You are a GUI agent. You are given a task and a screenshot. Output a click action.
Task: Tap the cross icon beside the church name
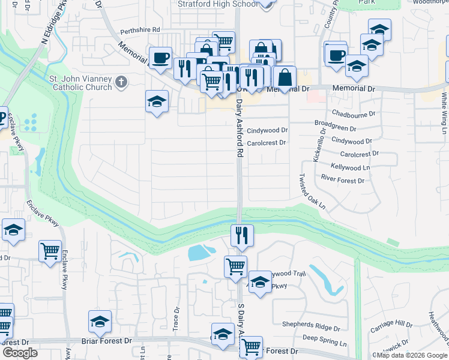[x=121, y=82]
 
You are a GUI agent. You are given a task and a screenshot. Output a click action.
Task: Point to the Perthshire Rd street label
[x=140, y=29]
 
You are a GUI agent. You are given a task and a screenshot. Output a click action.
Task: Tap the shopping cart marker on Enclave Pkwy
[x=50, y=250]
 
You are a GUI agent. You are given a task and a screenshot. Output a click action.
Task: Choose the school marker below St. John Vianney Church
[x=157, y=102]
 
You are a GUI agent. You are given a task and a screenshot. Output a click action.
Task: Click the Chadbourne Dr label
[x=353, y=113]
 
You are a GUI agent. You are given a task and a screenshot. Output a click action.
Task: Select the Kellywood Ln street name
[x=351, y=167]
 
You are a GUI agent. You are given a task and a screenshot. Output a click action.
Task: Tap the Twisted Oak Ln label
[x=312, y=192]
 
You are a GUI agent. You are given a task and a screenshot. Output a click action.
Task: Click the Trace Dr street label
[x=177, y=318]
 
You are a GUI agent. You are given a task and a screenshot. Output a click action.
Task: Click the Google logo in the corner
[x=20, y=353]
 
